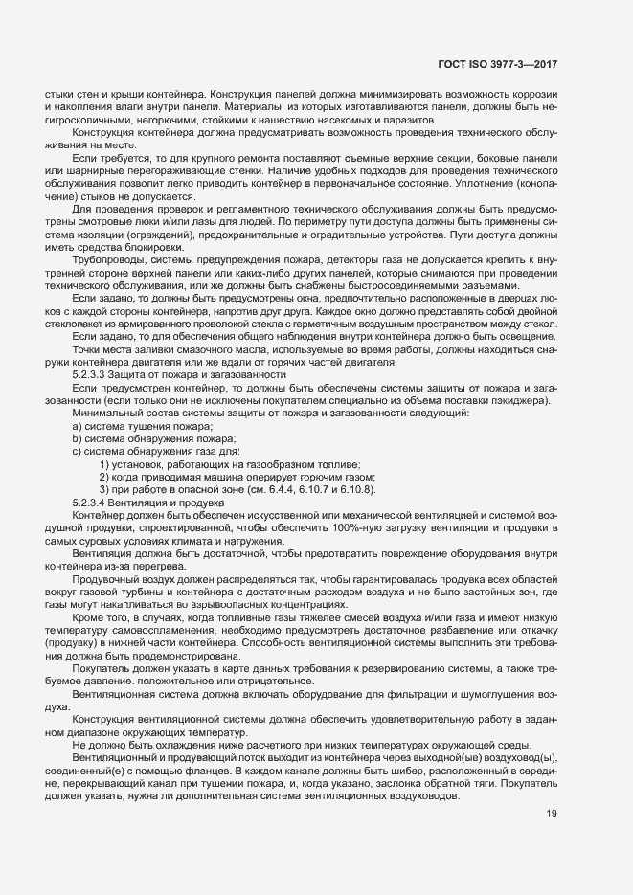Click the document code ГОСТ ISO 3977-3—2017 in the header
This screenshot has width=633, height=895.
[497, 64]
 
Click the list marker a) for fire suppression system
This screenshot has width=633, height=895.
[77, 425]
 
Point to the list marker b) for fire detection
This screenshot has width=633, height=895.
[77, 437]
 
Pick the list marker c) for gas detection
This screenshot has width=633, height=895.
[77, 451]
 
